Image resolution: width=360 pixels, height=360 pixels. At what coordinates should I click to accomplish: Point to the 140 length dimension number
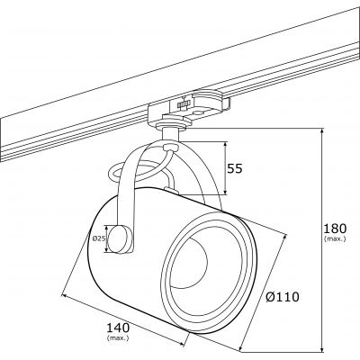(x=114, y=328)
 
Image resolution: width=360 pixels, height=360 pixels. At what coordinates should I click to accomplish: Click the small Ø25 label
(x=97, y=238)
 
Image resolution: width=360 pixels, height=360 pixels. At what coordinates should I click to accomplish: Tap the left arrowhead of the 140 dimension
(x=63, y=293)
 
